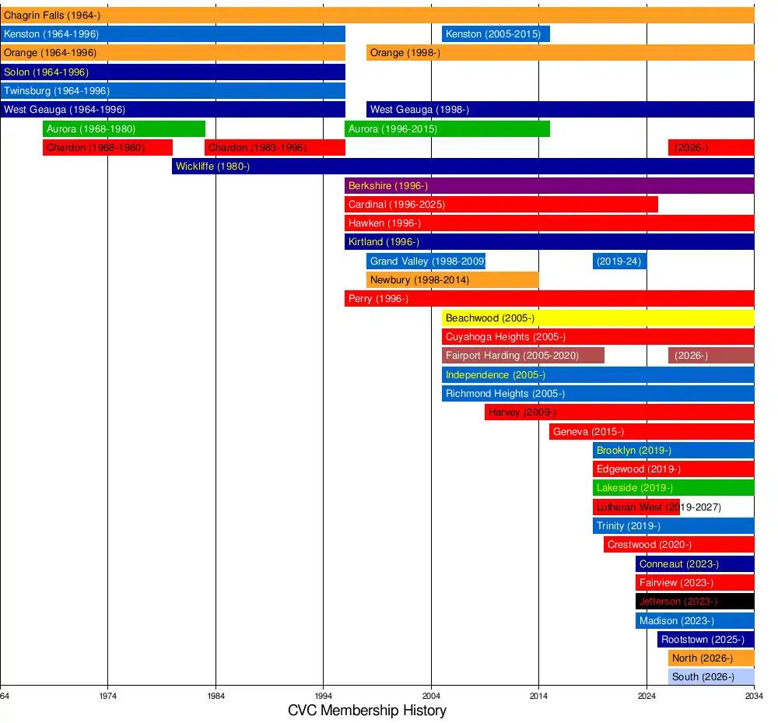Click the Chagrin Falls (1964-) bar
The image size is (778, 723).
[x=377, y=16]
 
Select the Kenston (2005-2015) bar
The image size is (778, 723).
[x=496, y=34]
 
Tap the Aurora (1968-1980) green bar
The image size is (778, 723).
[x=124, y=129]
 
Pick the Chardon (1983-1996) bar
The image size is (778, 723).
[x=275, y=148]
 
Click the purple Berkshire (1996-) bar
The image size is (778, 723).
[x=549, y=186]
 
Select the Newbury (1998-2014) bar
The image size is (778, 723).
[x=453, y=280]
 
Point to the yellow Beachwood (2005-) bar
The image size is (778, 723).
[x=598, y=318]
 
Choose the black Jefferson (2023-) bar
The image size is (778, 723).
[x=695, y=602]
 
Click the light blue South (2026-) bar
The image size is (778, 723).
[x=711, y=677]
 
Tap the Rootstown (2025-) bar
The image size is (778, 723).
[x=706, y=640]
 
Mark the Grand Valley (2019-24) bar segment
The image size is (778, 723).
[x=619, y=261]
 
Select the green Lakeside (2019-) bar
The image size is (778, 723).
[x=673, y=488]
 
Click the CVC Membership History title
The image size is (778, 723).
[x=367, y=711]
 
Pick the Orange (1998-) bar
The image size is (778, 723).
[x=560, y=53]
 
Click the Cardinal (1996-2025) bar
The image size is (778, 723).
[x=501, y=205]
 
